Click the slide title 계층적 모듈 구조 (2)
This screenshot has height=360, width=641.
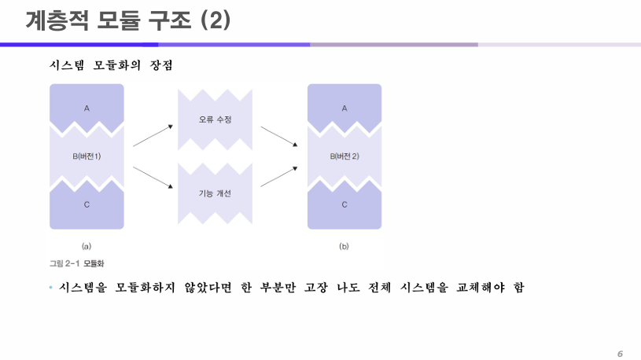(127, 21)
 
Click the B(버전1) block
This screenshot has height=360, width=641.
(87, 156)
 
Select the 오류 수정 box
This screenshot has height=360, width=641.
(215, 119)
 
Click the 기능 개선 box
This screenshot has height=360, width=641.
(215, 193)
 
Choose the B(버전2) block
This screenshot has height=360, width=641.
(344, 156)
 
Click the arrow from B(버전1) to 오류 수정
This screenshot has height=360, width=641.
(153, 135)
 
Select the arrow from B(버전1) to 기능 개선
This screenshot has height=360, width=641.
(153, 177)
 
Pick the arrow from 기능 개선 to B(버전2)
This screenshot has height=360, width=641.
(278, 176)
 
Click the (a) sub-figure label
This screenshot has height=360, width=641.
(87, 246)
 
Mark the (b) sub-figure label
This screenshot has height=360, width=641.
(344, 246)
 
